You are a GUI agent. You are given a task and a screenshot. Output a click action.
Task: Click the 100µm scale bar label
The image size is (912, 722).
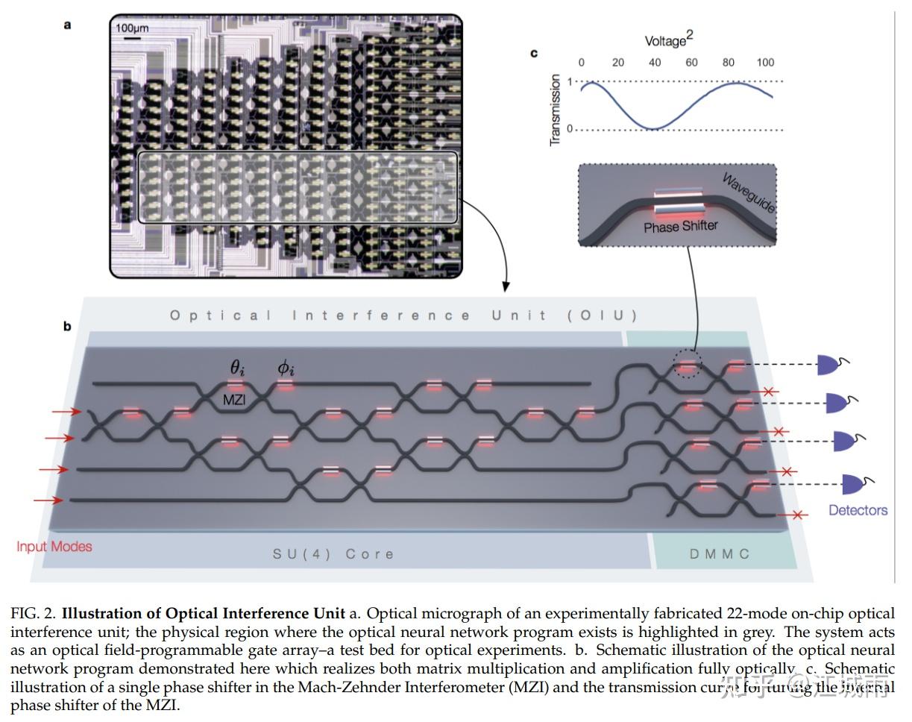click(x=132, y=28)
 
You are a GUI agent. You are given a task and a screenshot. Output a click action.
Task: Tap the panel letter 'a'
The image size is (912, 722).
click(x=68, y=25)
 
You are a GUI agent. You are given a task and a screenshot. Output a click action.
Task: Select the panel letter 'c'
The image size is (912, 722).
click(x=533, y=53)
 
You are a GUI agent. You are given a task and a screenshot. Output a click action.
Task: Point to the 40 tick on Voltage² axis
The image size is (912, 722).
click(x=655, y=63)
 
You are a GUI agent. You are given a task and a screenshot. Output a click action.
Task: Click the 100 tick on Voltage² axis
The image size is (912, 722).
click(x=765, y=63)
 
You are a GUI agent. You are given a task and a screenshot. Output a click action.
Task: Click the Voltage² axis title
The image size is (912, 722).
click(x=668, y=40)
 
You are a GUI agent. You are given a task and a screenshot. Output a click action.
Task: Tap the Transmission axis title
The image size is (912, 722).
click(x=554, y=110)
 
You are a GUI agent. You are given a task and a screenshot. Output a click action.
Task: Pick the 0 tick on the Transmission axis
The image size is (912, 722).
click(x=570, y=129)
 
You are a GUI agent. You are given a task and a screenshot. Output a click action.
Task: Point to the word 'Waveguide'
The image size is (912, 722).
click(x=749, y=193)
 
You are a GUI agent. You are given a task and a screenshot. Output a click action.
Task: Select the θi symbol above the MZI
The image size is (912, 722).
click(x=237, y=368)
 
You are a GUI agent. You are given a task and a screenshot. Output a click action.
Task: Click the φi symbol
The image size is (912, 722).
click(x=286, y=368)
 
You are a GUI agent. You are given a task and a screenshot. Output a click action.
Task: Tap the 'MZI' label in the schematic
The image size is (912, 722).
click(x=234, y=401)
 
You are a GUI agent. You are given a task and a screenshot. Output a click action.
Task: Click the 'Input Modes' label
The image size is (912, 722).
click(x=54, y=546)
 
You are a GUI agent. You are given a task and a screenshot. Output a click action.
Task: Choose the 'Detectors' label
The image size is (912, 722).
click(x=858, y=510)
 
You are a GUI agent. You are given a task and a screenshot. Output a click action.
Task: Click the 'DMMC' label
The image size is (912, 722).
click(x=719, y=553)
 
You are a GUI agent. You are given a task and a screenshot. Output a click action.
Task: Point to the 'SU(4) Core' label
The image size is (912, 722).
click(x=333, y=553)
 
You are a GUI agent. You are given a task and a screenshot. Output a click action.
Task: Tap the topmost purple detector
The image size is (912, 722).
click(x=829, y=365)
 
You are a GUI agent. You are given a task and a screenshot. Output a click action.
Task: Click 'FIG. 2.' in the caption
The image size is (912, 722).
click(x=34, y=614)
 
